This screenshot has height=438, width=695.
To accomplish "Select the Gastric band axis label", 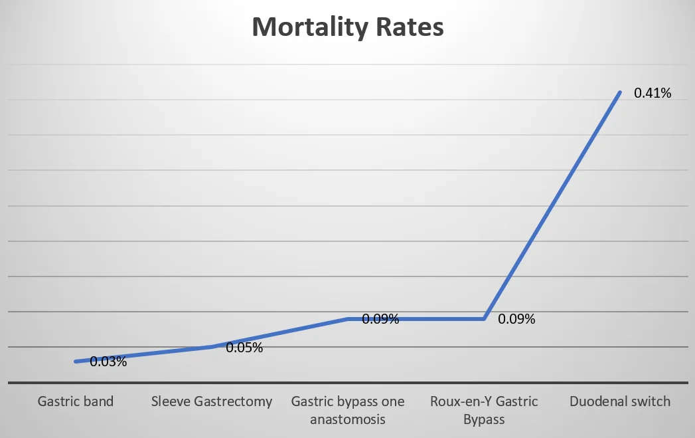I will click(76, 401).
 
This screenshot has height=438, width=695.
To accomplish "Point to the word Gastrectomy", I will click(234, 401).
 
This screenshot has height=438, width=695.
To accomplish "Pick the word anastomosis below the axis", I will click(348, 419).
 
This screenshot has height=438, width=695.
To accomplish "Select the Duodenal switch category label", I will click(620, 401).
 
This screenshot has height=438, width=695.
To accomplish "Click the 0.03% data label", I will click(108, 362).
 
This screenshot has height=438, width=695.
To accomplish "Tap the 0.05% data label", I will click(244, 348).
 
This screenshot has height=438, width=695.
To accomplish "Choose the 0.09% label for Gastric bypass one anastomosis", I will click(380, 320).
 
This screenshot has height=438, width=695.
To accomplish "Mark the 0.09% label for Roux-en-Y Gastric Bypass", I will click(516, 320).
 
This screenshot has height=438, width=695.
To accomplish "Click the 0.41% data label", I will click(653, 94).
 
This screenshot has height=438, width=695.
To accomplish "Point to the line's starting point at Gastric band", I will click(76, 362).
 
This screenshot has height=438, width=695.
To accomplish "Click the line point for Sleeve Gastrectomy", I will click(212, 346).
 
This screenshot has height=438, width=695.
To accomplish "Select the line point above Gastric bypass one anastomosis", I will click(348, 319).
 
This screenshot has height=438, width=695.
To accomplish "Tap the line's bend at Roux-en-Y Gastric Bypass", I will click(484, 319).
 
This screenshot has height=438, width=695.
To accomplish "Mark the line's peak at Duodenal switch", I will click(619, 92).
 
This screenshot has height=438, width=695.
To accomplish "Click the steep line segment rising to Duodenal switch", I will click(552, 206).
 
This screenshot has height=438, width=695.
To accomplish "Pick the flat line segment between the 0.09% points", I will click(416, 319).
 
